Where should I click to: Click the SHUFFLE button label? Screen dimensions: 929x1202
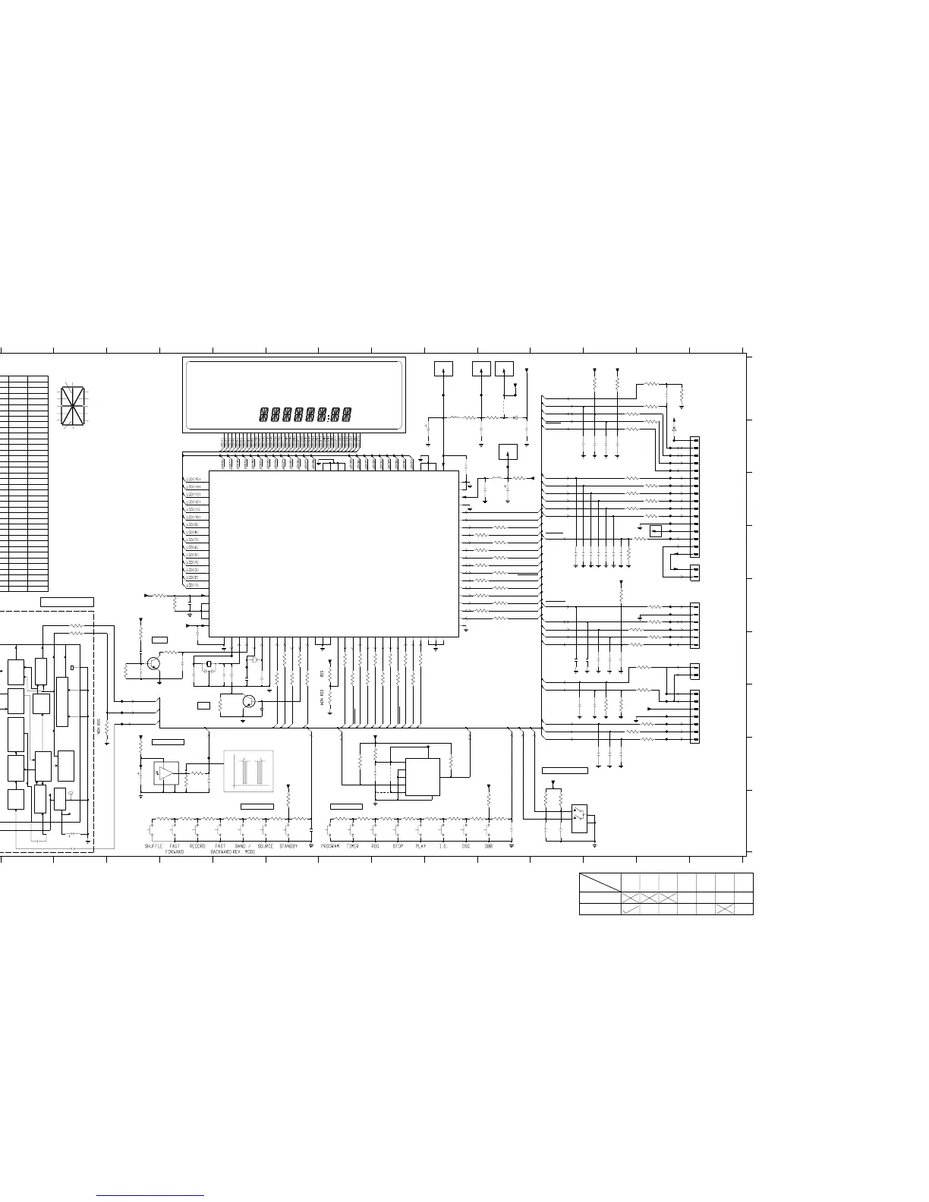(x=153, y=846)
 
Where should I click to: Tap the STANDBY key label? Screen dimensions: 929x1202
(x=288, y=846)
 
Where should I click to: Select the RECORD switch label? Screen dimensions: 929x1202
(x=197, y=846)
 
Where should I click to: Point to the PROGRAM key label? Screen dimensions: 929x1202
(x=330, y=846)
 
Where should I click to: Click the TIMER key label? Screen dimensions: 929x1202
(x=353, y=846)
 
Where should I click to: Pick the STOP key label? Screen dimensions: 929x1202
(x=398, y=846)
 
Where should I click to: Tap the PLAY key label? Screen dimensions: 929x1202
(x=420, y=846)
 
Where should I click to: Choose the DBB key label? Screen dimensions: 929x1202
(x=488, y=846)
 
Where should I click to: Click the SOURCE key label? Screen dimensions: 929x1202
(x=266, y=846)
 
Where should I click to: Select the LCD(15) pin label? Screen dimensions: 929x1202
(x=194, y=480)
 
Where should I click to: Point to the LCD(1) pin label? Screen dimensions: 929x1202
(x=193, y=585)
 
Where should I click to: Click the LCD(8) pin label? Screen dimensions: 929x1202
(x=193, y=533)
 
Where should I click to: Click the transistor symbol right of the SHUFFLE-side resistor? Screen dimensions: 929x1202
(x=154, y=663)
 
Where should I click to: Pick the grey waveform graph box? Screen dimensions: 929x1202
(x=248, y=771)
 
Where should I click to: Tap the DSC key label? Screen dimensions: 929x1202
(x=465, y=846)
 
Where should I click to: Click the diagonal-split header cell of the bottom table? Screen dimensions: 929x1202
(x=600, y=883)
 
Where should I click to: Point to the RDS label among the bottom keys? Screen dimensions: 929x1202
(x=375, y=846)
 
